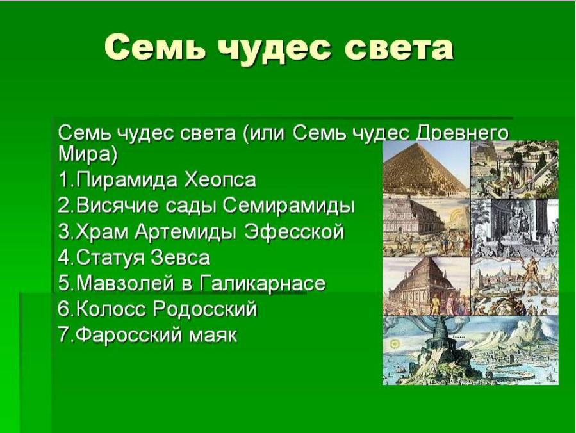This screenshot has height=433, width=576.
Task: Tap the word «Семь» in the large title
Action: [x=154, y=47]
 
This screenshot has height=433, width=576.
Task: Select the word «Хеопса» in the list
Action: [x=220, y=180]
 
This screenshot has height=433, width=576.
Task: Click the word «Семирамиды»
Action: [x=288, y=206]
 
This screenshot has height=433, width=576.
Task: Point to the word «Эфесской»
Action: [x=294, y=232]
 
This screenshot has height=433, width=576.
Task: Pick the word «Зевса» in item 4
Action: [x=180, y=257]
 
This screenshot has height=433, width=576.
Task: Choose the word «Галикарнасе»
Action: [x=263, y=284]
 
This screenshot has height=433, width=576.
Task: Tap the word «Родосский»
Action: [x=204, y=309]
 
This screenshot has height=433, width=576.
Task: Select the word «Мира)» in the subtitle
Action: [x=87, y=154]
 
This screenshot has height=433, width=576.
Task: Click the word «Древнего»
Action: [x=462, y=133]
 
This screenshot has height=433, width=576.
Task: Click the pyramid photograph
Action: [x=426, y=169]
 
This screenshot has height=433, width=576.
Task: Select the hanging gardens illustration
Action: [x=514, y=169]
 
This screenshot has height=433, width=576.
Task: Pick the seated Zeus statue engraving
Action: [x=514, y=228]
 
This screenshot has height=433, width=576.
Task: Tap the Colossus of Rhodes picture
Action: [x=514, y=286]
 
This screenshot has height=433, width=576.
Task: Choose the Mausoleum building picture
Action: [x=426, y=286]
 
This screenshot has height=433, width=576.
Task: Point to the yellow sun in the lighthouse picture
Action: [x=395, y=345]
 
